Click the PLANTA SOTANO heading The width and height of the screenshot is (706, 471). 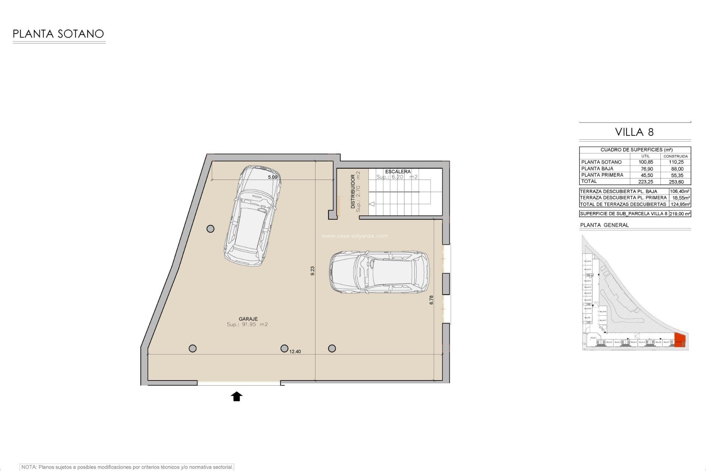(x=58, y=34)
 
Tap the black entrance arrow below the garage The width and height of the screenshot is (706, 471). (x=236, y=396)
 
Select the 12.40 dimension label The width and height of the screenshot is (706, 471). (x=295, y=351)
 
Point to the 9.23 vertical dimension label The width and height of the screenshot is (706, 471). (x=313, y=271)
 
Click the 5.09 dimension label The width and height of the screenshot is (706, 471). (x=272, y=177)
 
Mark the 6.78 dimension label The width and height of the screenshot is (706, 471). (x=431, y=300)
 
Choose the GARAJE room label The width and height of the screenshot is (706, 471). (x=248, y=319)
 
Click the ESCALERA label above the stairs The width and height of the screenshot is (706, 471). (x=397, y=171)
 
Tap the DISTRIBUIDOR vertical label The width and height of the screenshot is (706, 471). (x=353, y=191)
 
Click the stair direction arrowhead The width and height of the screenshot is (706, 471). (x=371, y=204)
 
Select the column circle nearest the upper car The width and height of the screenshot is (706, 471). (x=210, y=229)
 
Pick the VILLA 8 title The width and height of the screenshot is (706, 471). (x=634, y=132)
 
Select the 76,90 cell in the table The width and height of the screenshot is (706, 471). (x=647, y=169)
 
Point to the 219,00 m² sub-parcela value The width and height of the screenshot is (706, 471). (x=680, y=214)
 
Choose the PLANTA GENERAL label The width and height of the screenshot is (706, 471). (x=604, y=225)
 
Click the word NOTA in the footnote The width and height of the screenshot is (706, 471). (x=28, y=467)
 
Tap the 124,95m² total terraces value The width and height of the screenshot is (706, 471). (x=680, y=204)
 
